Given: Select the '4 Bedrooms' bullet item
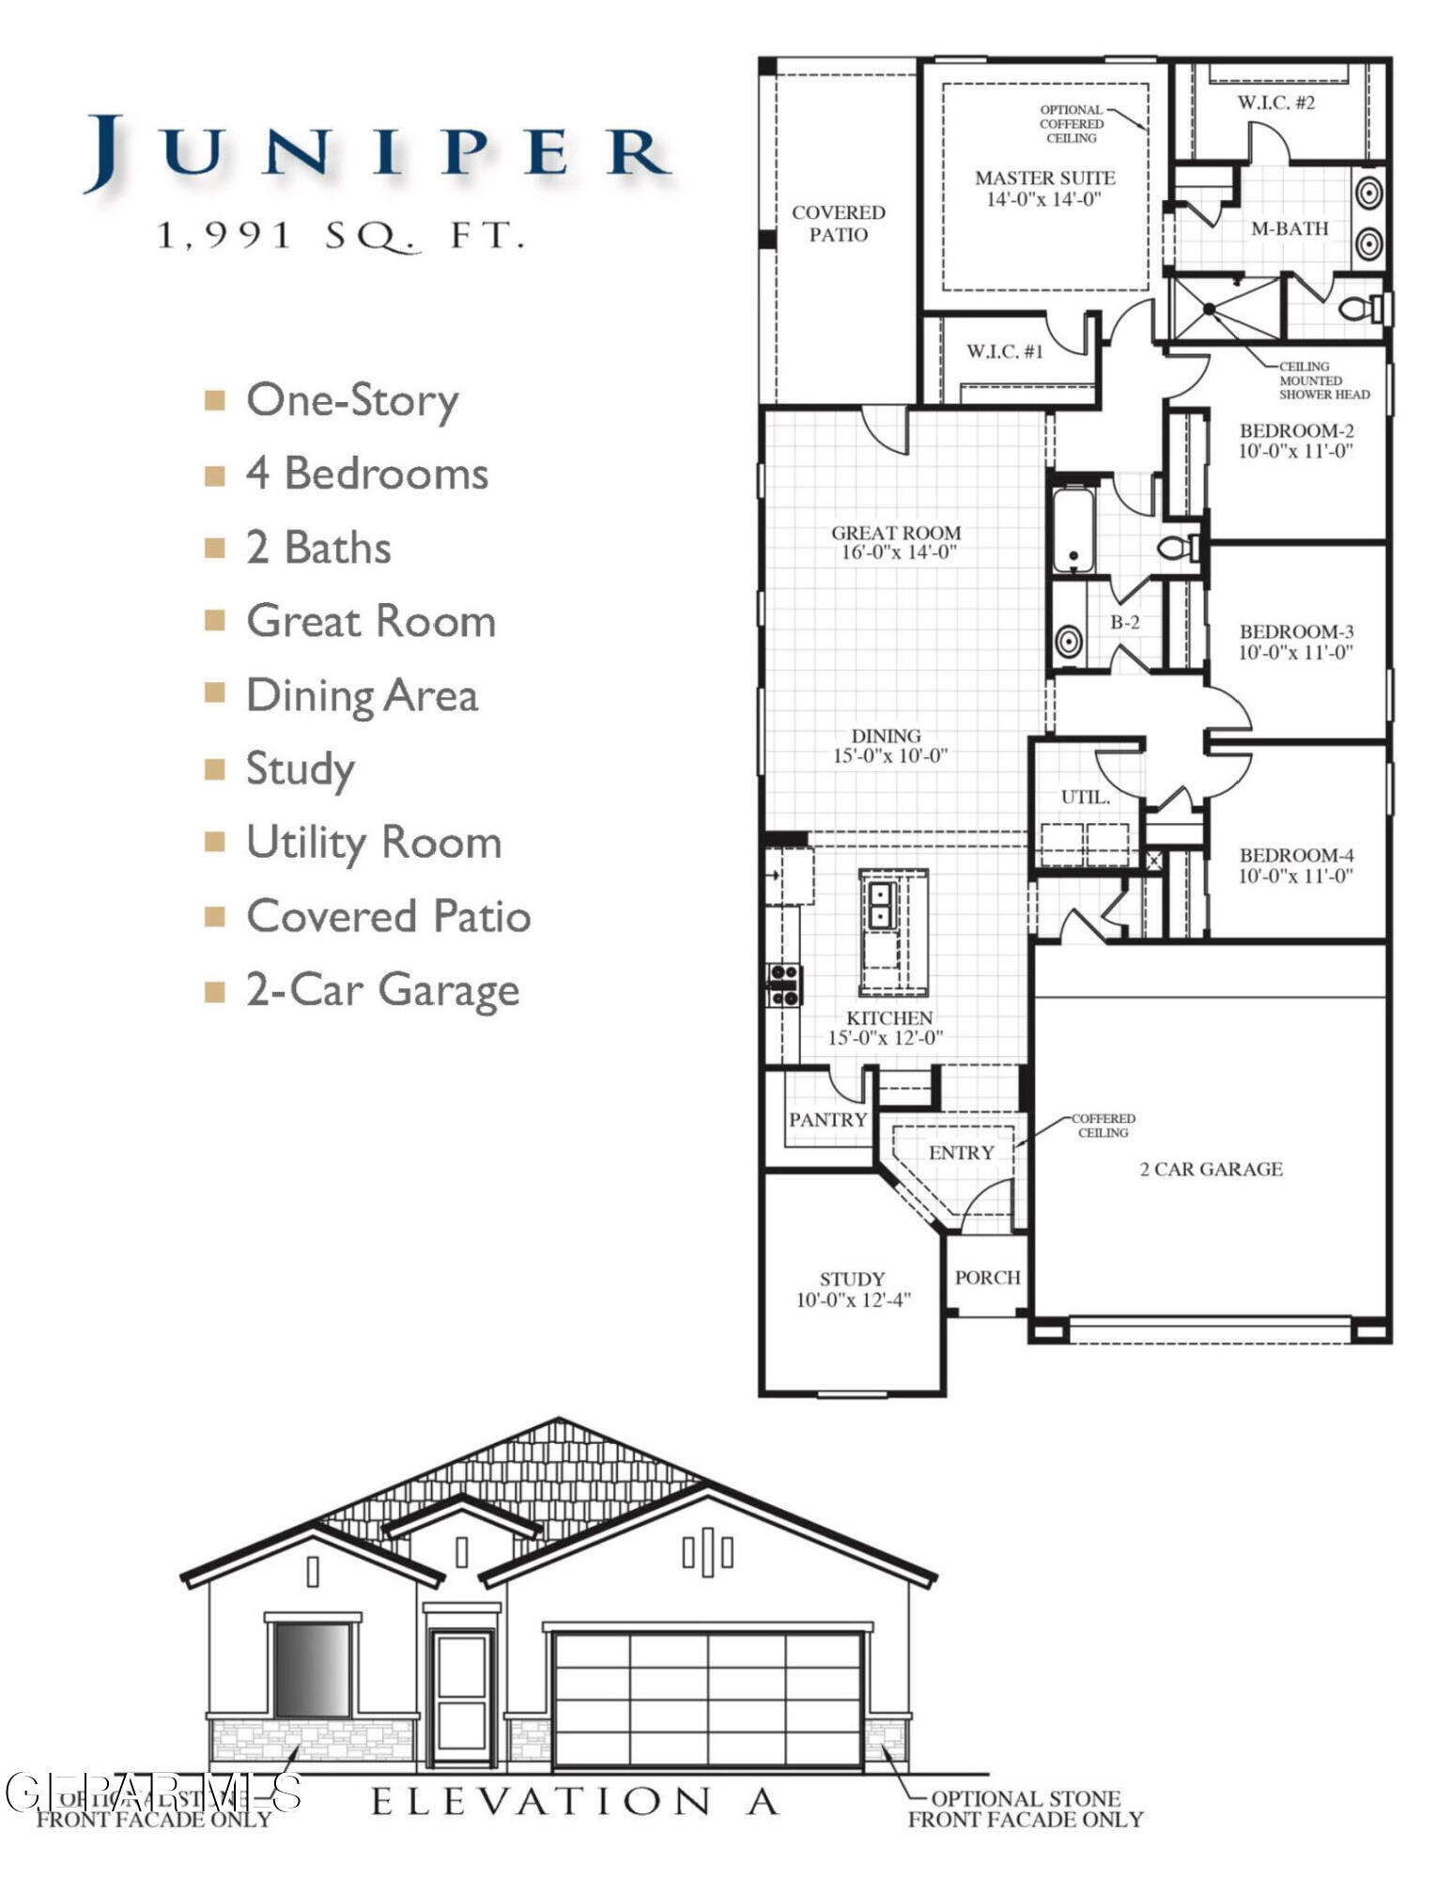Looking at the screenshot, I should pyautogui.click(x=366, y=474).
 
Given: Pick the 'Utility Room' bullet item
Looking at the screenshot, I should pyautogui.click(x=373, y=843).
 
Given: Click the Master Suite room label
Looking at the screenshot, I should pyautogui.click(x=1044, y=179).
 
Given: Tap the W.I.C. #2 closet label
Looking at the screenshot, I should pyautogui.click(x=1275, y=102).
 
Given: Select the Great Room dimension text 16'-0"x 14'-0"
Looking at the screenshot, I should pyautogui.click(x=897, y=552).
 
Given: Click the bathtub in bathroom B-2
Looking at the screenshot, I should pyautogui.click(x=1073, y=530).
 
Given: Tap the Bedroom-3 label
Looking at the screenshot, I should pyautogui.click(x=1296, y=632).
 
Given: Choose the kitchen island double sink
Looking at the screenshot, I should pyautogui.click(x=880, y=904).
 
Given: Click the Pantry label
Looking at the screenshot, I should pyautogui.click(x=826, y=1120).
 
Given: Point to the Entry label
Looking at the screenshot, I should pyautogui.click(x=960, y=1153).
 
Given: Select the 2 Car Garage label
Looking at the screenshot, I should pyautogui.click(x=1211, y=1169).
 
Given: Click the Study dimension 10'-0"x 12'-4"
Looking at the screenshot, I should pyautogui.click(x=853, y=1300).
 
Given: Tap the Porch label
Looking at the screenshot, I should pyautogui.click(x=987, y=1278).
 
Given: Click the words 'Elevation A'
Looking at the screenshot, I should pyautogui.click(x=575, y=1801).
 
